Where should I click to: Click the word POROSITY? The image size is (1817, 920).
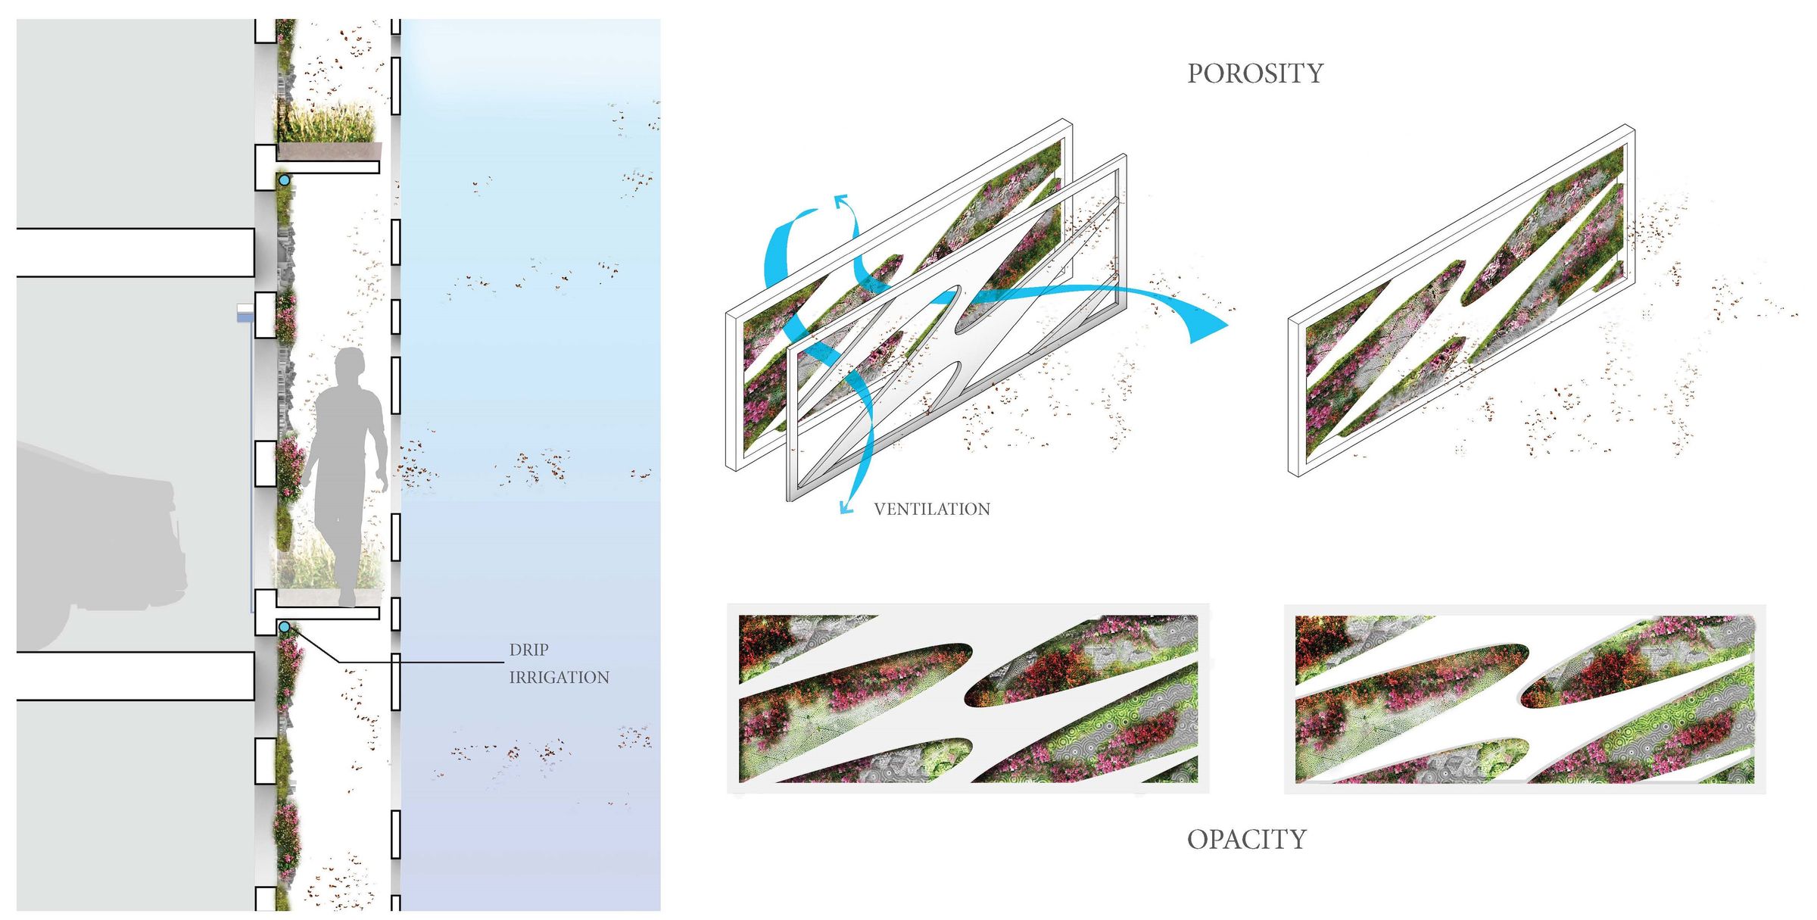click(x=1254, y=73)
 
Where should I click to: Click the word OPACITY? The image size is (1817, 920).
click(x=1246, y=839)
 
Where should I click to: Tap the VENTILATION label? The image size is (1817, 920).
click(x=931, y=509)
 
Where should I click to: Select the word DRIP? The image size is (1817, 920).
click(x=528, y=650)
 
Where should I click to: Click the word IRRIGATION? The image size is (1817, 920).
click(x=559, y=677)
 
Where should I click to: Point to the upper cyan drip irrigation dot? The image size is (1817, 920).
click(x=284, y=180)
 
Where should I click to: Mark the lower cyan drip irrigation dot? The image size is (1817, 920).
click(x=284, y=627)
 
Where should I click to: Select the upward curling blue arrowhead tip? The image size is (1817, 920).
click(x=840, y=200)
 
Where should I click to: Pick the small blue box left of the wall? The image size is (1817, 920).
click(x=245, y=313)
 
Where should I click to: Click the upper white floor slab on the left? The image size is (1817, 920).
click(x=135, y=252)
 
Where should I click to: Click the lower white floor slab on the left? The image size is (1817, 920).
click(x=135, y=675)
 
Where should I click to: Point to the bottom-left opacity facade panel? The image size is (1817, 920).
click(x=968, y=698)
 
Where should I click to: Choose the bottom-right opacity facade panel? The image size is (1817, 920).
click(x=1525, y=698)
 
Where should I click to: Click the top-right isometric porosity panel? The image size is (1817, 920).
click(x=1461, y=303)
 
